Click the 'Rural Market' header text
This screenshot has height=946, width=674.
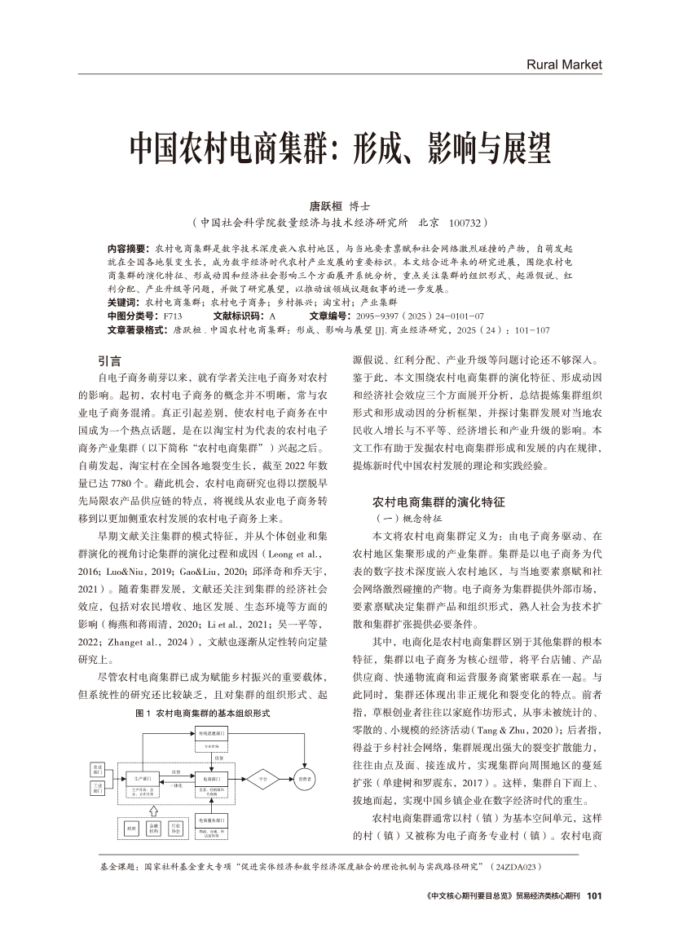tap(563, 64)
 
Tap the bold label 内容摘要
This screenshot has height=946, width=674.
tap(126, 246)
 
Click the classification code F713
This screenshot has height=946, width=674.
tap(173, 315)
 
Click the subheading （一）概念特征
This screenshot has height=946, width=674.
tap(407, 518)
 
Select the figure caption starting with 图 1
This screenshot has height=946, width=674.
tap(202, 713)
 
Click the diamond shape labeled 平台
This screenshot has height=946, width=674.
tap(263, 777)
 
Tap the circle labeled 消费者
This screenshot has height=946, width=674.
tap(305, 777)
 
